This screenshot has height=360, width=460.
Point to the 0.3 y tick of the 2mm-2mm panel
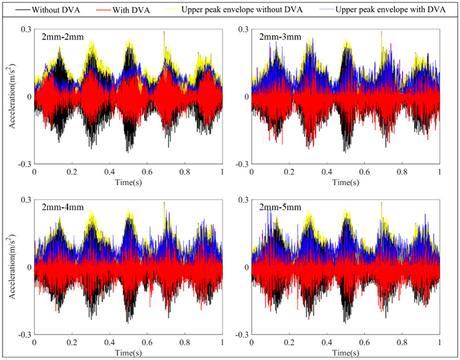(x=26, y=30)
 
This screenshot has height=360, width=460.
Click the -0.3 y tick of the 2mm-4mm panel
(x=24, y=334)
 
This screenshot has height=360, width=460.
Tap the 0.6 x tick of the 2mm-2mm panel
(x=148, y=171)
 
